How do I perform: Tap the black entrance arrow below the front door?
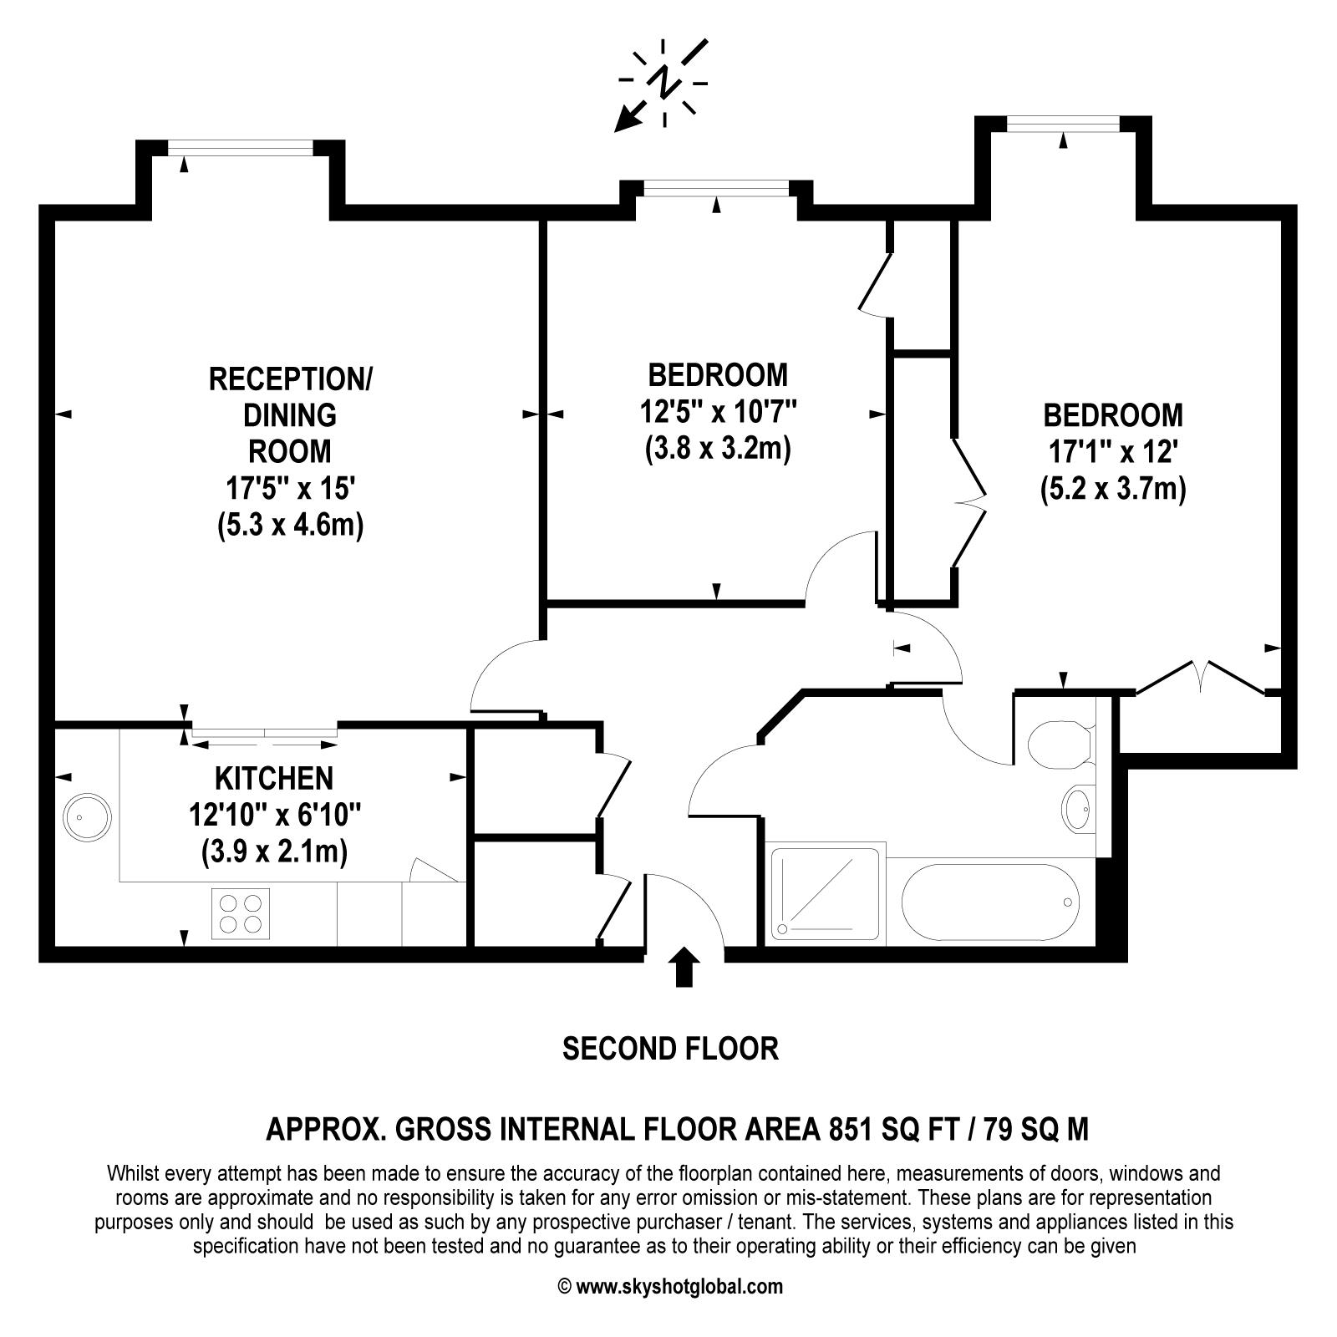[684, 967]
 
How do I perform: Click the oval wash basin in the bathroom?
[1079, 808]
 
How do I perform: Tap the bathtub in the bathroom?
[991, 902]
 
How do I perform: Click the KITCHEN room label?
[274, 778]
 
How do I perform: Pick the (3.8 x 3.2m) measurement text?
[718, 449]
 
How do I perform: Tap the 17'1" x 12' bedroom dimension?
[1114, 452]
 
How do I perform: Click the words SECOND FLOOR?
[670, 1048]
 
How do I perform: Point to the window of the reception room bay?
[241, 148]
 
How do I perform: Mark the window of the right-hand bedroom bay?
[1063, 125]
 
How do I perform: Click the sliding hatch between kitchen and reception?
[265, 733]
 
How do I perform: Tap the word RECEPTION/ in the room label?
[291, 379]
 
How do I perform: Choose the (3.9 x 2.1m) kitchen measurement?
[274, 852]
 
